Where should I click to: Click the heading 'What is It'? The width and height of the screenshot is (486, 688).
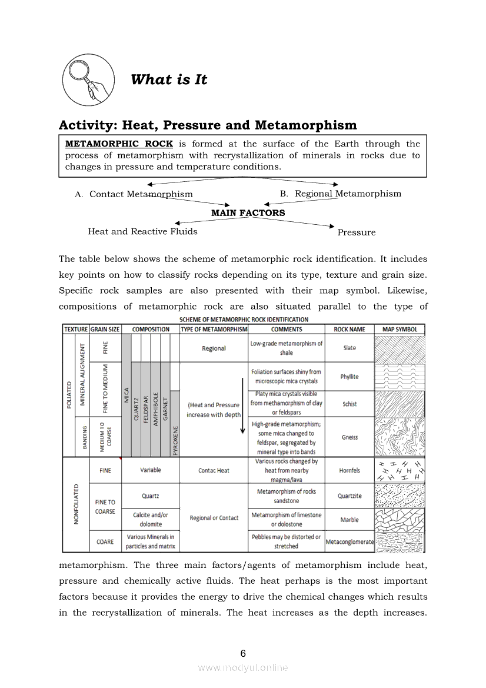click(169, 79)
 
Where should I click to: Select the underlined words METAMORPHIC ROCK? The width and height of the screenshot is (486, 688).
click(119, 144)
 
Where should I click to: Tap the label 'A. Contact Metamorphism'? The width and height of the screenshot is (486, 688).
click(134, 194)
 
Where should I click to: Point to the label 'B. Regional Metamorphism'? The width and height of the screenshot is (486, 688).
click(341, 194)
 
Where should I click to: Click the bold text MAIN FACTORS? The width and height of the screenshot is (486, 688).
click(248, 212)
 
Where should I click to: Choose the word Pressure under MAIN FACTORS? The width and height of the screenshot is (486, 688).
click(356, 232)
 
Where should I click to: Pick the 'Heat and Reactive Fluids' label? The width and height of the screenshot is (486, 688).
click(142, 231)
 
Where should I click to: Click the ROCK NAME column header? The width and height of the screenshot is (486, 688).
click(349, 330)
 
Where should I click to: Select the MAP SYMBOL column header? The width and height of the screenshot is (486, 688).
click(400, 330)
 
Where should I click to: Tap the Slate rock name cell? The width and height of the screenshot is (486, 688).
click(349, 348)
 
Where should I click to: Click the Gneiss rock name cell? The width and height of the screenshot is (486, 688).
click(349, 437)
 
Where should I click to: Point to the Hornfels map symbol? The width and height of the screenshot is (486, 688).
click(400, 470)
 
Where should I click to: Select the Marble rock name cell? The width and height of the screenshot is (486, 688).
click(349, 520)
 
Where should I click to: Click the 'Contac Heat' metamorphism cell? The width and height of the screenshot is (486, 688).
click(214, 470)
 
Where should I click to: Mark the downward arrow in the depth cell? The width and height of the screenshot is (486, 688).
click(242, 406)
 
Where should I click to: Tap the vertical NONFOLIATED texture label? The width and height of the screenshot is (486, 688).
click(76, 504)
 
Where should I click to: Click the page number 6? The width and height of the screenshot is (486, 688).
click(243, 653)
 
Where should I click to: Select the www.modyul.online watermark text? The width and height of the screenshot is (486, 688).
click(243, 667)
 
